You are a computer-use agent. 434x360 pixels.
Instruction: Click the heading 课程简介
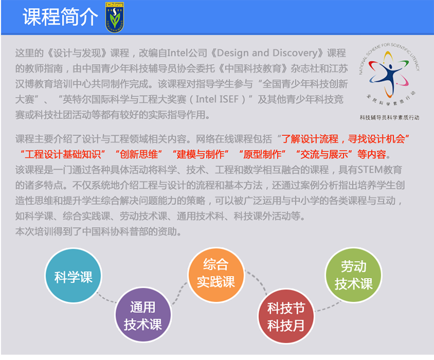(x=60, y=17)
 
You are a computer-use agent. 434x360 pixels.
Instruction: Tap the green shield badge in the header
(x=115, y=17)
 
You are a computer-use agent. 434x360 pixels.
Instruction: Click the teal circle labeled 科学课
(x=74, y=275)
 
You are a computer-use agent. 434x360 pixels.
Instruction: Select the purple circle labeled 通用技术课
(x=143, y=315)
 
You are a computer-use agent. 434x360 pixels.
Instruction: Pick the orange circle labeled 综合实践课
(x=216, y=275)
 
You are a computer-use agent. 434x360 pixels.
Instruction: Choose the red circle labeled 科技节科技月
(x=286, y=316)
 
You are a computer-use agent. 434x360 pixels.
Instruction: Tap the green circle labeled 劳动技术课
(x=354, y=275)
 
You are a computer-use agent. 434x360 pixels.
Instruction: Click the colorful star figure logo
(x=389, y=74)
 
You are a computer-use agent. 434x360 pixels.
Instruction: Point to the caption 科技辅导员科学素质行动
(x=390, y=118)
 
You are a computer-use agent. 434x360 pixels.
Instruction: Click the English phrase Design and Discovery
(x=267, y=52)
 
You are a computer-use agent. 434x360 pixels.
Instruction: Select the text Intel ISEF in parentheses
(x=217, y=99)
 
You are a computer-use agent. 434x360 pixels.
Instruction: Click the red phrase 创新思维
(x=139, y=155)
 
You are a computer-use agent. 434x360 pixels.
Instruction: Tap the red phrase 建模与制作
(x=201, y=155)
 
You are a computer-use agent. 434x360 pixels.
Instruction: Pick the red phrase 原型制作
(x=263, y=155)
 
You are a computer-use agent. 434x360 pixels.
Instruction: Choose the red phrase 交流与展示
(x=324, y=155)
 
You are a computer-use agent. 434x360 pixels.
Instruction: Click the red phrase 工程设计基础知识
(x=63, y=155)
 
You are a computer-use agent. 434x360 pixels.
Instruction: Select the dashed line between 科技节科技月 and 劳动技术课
(x=329, y=307)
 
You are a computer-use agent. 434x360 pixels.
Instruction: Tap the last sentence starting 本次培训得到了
(x=98, y=231)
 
